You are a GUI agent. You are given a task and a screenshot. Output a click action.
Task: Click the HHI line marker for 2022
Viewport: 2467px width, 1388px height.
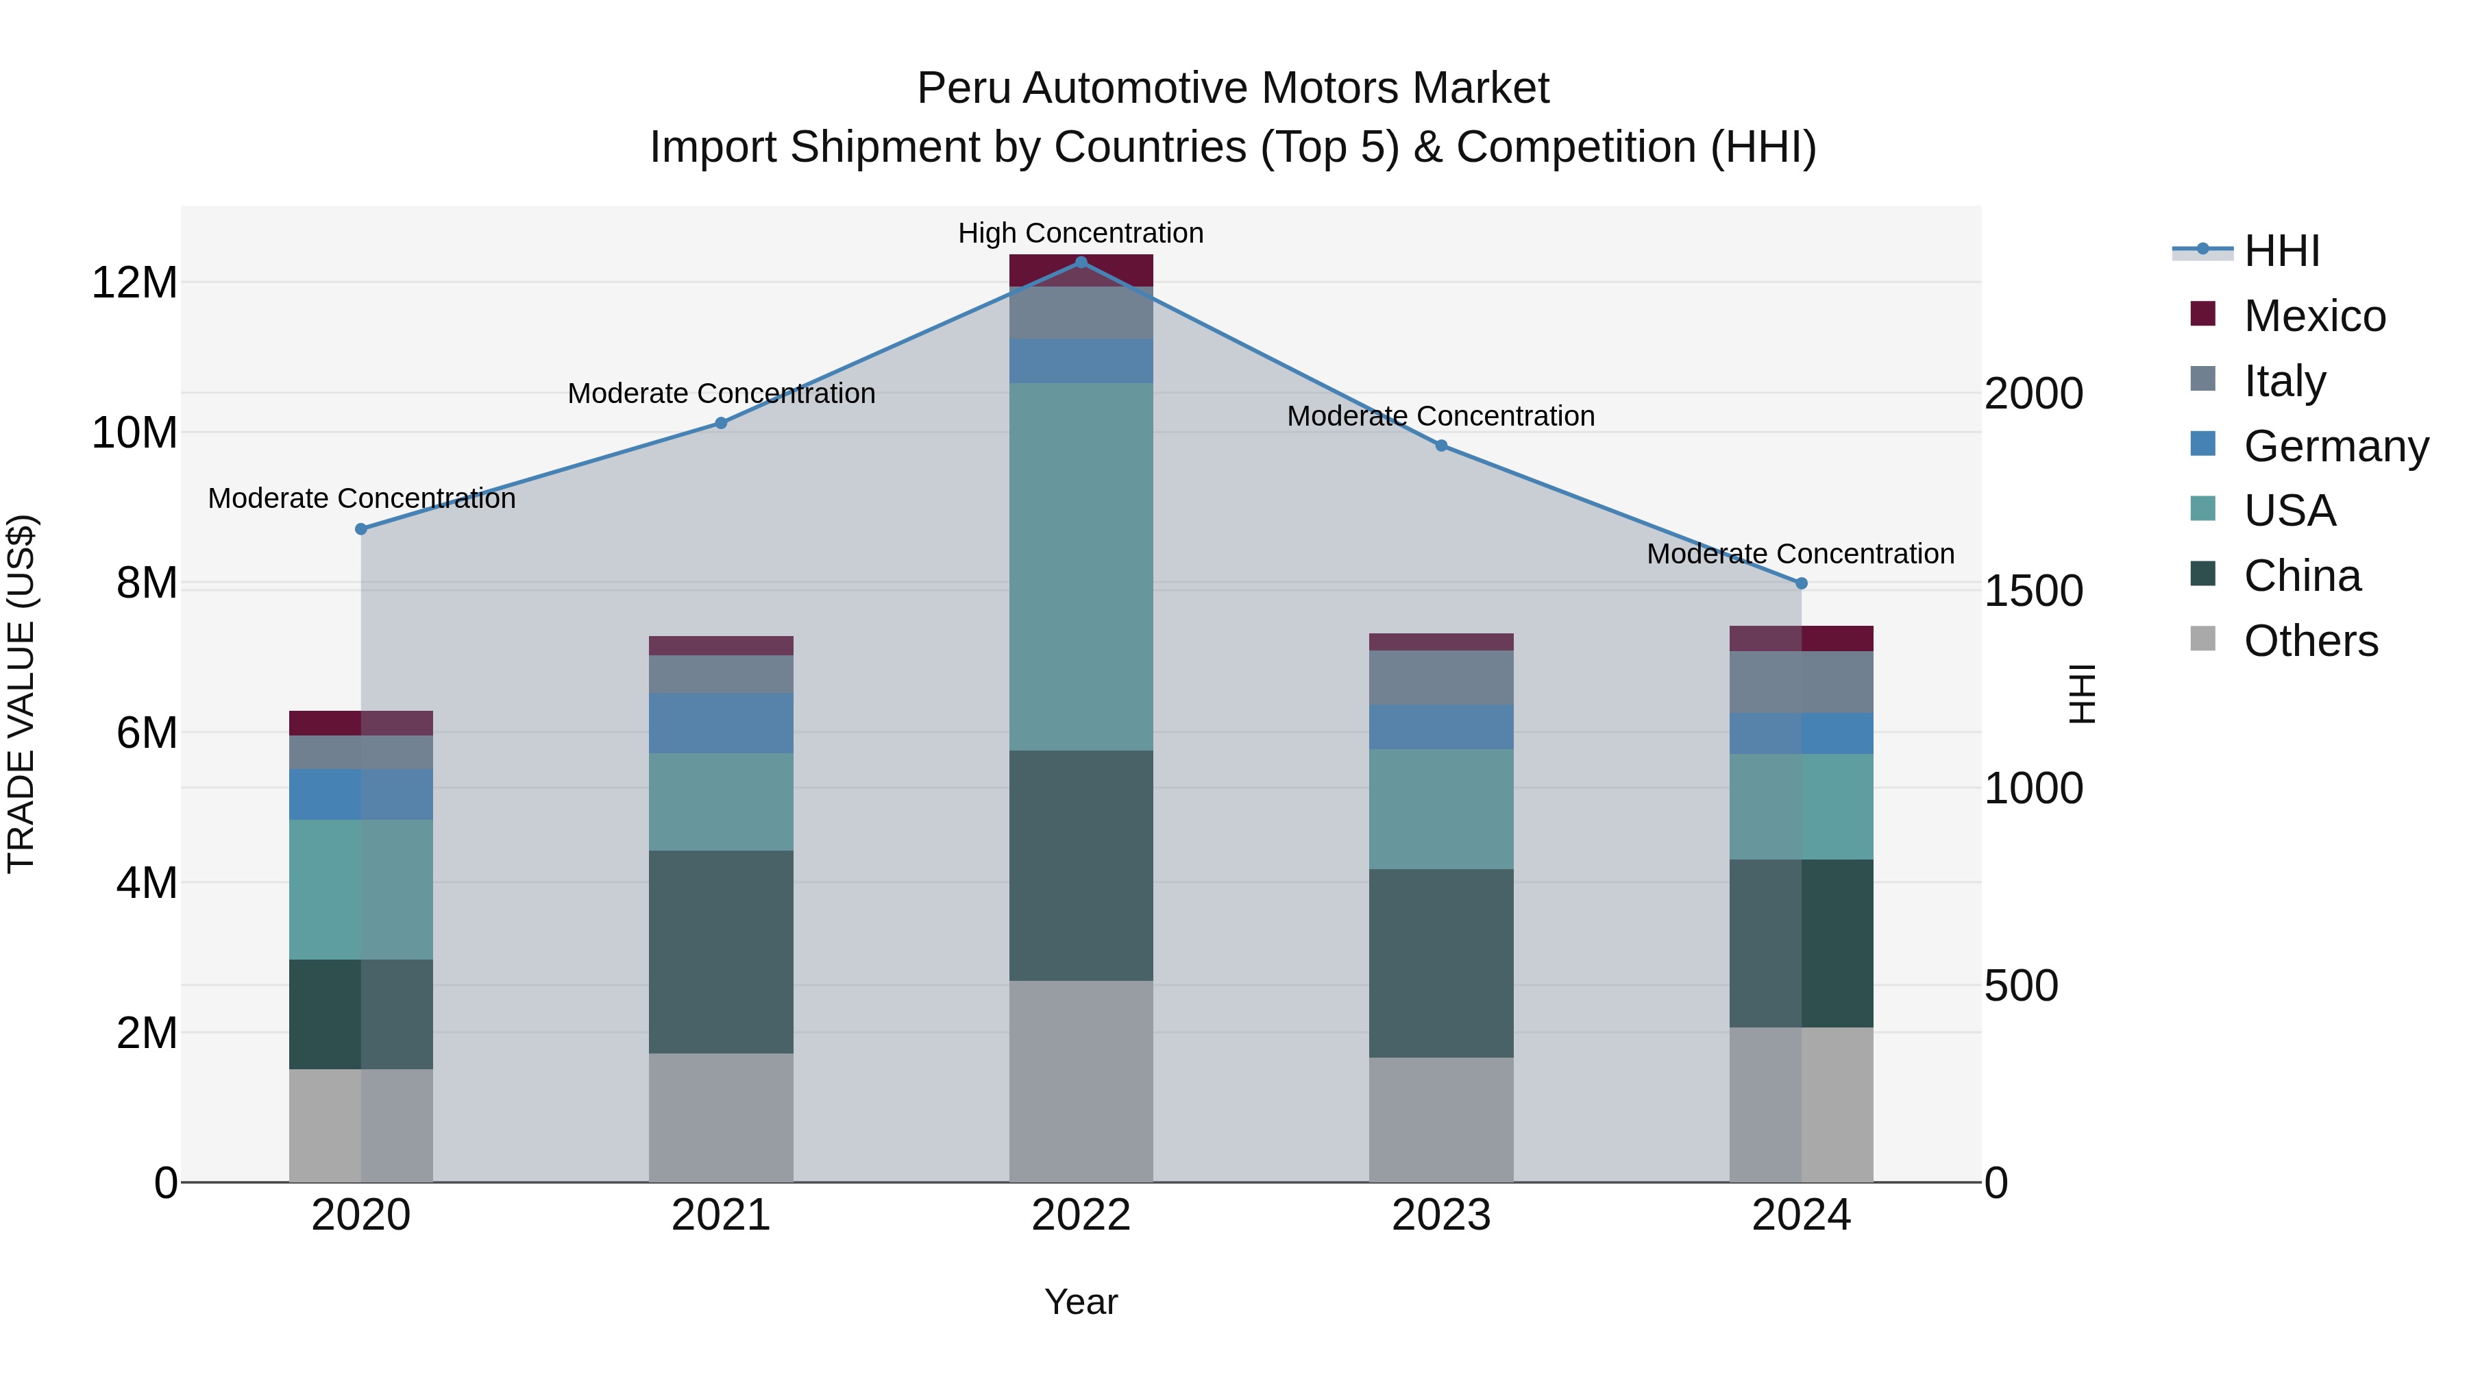pyautogui.click(x=1081, y=263)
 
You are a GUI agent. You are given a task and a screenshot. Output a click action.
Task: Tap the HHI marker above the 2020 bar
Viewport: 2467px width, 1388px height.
pyautogui.click(x=361, y=528)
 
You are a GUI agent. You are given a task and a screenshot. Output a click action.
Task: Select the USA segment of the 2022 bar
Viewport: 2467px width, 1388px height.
pyautogui.click(x=1081, y=566)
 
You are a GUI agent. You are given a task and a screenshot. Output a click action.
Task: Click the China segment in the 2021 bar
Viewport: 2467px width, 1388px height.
pyautogui.click(x=721, y=951)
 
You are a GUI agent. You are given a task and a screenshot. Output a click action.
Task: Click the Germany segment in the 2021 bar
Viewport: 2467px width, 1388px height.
pyautogui.click(x=721, y=723)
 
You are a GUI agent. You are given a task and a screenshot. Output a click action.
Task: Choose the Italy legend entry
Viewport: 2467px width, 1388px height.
pyautogui.click(x=2284, y=380)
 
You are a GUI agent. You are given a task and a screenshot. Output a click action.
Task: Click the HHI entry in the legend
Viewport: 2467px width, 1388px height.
pyautogui.click(x=2281, y=251)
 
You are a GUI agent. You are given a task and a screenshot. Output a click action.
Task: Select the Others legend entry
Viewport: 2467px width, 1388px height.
pyautogui.click(x=2310, y=641)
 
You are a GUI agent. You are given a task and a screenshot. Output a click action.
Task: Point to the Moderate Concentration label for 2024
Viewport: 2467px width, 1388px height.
pyautogui.click(x=1800, y=554)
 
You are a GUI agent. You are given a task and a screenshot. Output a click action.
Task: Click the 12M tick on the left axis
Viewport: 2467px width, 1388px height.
pyautogui.click(x=134, y=282)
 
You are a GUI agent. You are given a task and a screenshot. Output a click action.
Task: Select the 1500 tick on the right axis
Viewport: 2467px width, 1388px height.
pyautogui.click(x=2033, y=591)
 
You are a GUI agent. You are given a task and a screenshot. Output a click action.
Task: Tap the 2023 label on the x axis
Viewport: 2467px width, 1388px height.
pyautogui.click(x=1441, y=1215)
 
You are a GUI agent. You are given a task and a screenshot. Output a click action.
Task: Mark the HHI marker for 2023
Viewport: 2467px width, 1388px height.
pyautogui.click(x=1441, y=446)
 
